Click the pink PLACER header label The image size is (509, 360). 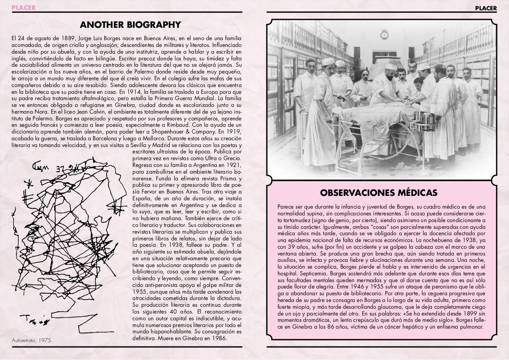[23, 8]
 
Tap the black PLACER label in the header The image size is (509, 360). [486, 8]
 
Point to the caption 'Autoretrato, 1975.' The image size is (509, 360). [32, 341]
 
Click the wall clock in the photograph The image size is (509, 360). [384, 34]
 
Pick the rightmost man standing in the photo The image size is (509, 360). [472, 103]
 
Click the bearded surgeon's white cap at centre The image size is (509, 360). [390, 67]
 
